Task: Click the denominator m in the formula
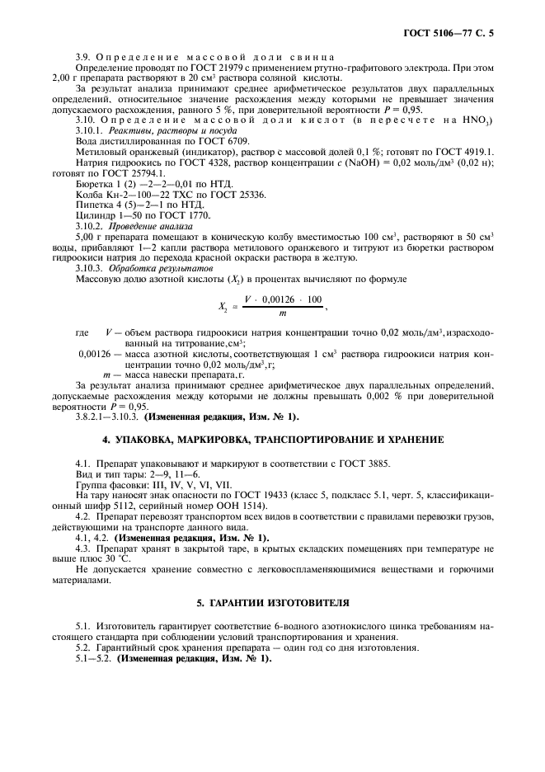283,313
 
